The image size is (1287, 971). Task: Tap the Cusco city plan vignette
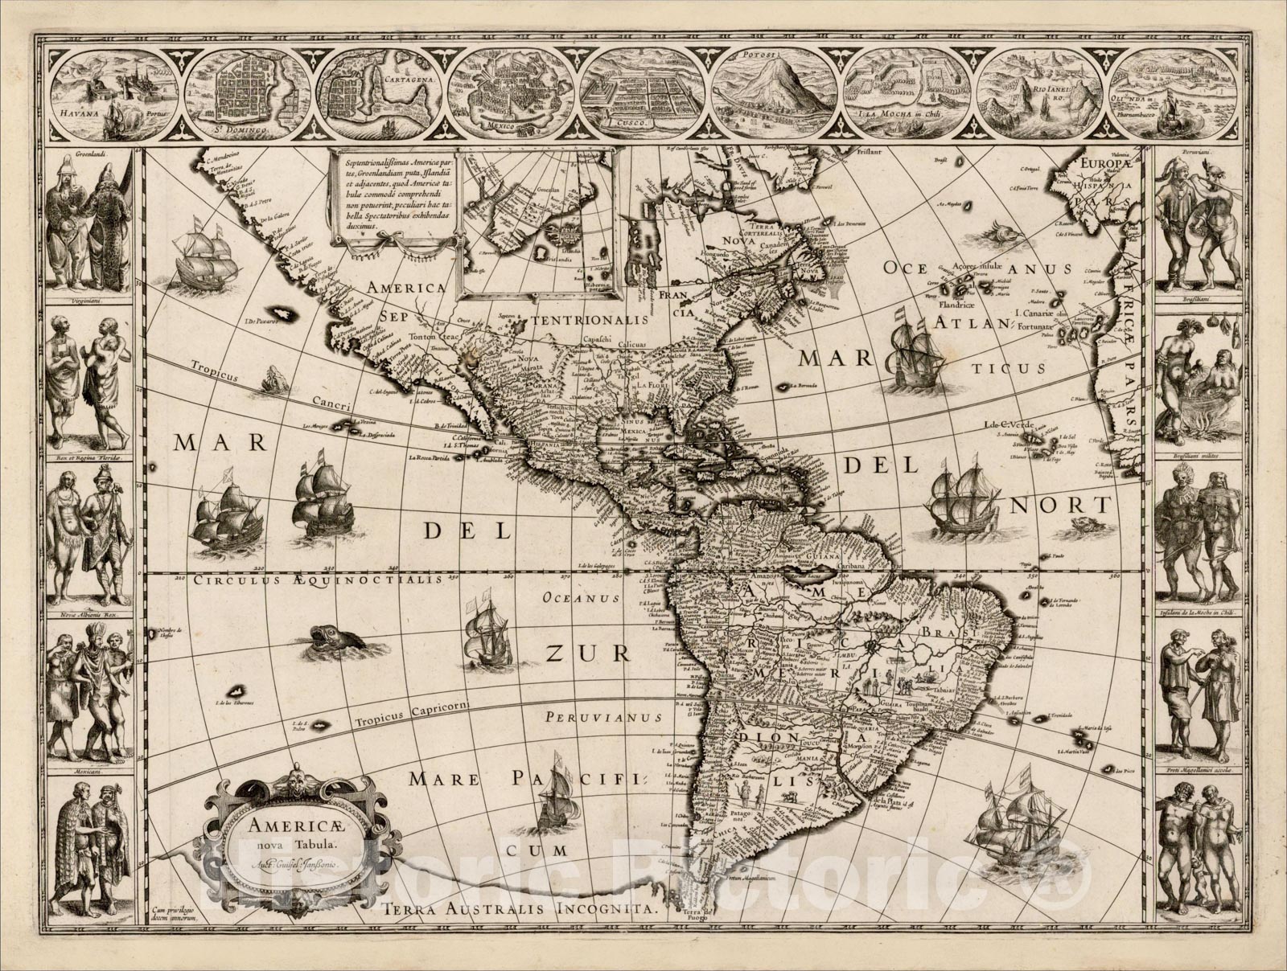644,93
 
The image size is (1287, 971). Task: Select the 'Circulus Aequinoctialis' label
317,580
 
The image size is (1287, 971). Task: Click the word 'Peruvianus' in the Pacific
602,716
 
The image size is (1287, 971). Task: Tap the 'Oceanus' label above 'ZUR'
581,597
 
